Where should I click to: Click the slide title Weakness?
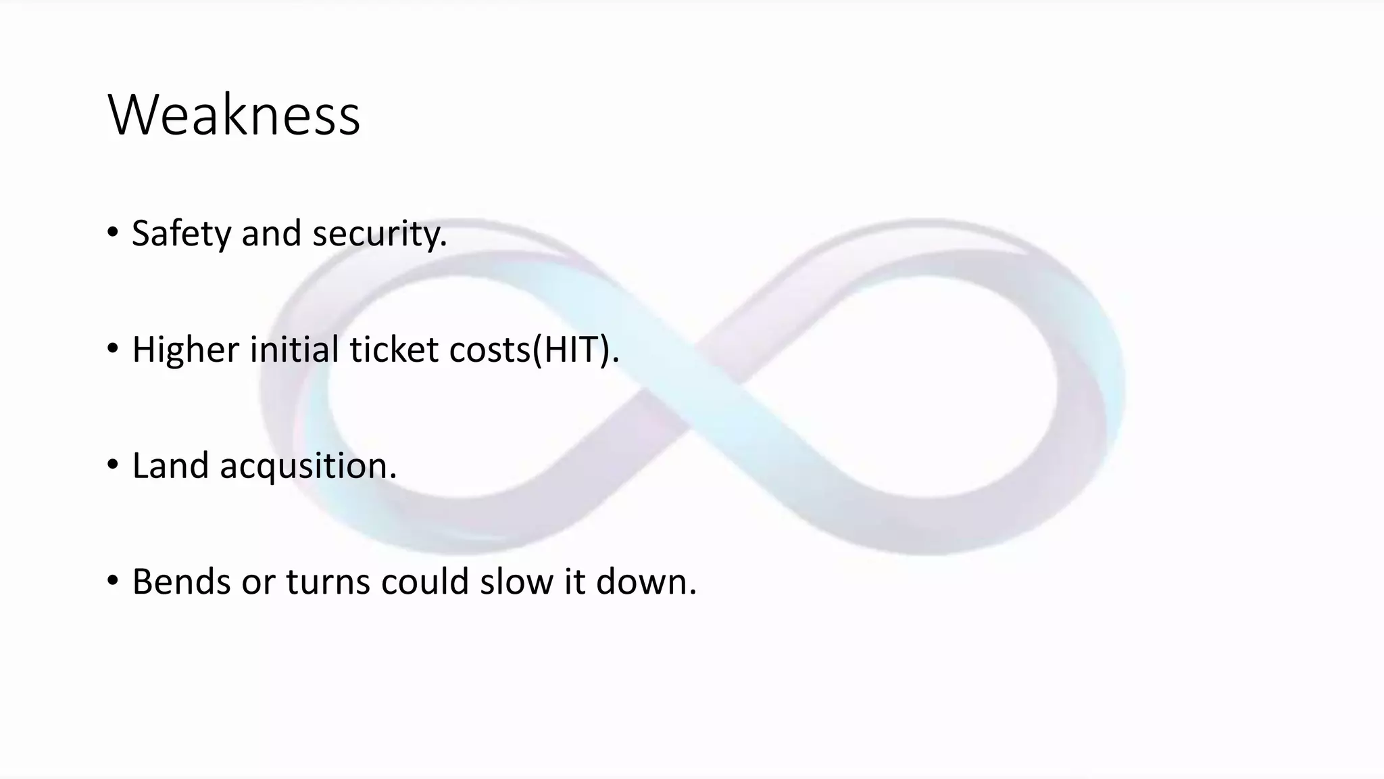tap(234, 115)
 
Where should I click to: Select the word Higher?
tap(185, 350)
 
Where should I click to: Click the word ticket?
tap(393, 350)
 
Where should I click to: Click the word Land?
tap(170, 466)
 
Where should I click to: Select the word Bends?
tap(181, 582)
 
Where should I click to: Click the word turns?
tap(328, 582)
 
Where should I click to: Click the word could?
tap(424, 582)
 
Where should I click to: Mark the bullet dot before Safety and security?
tap(112, 233)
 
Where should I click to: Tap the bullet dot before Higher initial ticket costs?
tap(112, 349)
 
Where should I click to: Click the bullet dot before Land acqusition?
tap(112, 465)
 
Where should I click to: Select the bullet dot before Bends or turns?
tap(112, 581)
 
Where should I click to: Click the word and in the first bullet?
tap(271, 234)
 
